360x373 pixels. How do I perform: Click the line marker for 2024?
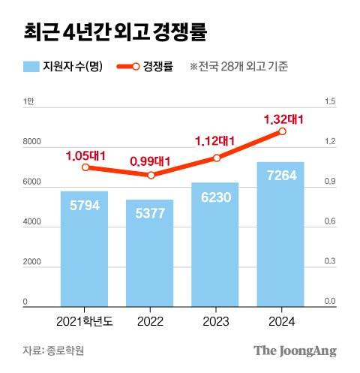coord(282,131)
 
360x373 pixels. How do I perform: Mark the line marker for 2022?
coord(151,175)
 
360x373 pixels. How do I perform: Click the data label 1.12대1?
coord(215,140)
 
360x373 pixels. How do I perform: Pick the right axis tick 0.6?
coord(328,221)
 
